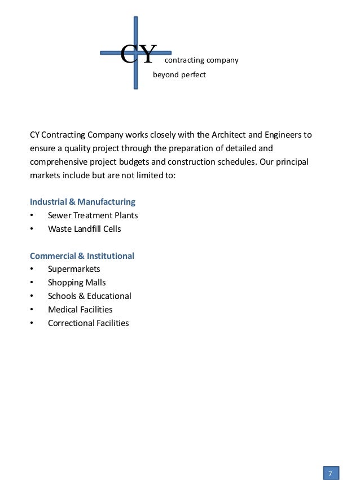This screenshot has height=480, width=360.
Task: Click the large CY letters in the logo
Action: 138,55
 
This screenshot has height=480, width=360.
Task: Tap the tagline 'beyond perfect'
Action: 179,74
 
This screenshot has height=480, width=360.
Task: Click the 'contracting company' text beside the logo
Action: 201,60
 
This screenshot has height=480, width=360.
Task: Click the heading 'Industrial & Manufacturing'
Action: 82,201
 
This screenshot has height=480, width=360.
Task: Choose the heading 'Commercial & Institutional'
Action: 82,256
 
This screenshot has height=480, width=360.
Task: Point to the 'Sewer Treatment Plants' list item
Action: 93,215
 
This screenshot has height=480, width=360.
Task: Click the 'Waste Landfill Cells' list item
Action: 84,228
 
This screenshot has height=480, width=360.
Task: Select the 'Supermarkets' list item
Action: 74,269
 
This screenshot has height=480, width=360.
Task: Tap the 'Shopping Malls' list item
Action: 77,283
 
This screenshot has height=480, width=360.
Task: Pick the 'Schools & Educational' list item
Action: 89,296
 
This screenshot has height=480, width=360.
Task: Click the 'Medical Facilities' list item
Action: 80,310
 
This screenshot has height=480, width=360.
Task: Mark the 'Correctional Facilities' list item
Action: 88,323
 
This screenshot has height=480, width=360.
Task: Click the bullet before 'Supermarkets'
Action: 32,270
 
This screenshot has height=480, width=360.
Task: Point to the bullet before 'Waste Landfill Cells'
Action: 32,229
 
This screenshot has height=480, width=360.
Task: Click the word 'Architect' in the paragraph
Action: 229,135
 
